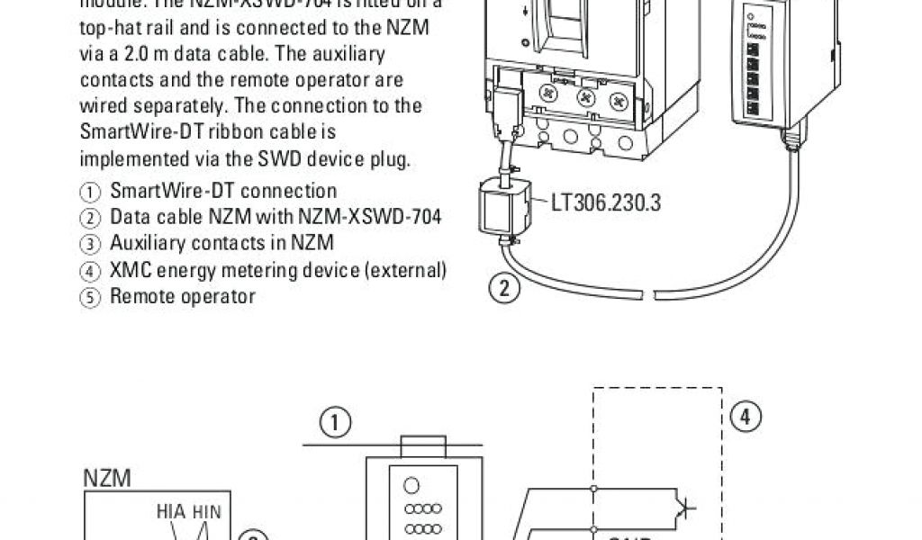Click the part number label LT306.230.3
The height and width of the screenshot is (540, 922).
(605, 202)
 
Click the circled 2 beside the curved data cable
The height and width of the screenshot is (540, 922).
(506, 289)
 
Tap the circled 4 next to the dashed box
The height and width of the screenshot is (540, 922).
(746, 417)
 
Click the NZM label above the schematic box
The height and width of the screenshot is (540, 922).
(107, 479)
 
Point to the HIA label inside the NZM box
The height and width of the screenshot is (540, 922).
(170, 511)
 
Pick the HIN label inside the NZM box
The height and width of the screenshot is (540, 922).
(206, 511)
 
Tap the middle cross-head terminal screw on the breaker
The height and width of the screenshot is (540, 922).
(586, 97)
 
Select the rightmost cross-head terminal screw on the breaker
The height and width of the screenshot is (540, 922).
(618, 99)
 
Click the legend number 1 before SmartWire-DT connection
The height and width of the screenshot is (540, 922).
(90, 192)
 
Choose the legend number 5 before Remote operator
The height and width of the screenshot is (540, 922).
(90, 296)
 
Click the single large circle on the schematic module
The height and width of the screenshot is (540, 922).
(411, 486)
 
